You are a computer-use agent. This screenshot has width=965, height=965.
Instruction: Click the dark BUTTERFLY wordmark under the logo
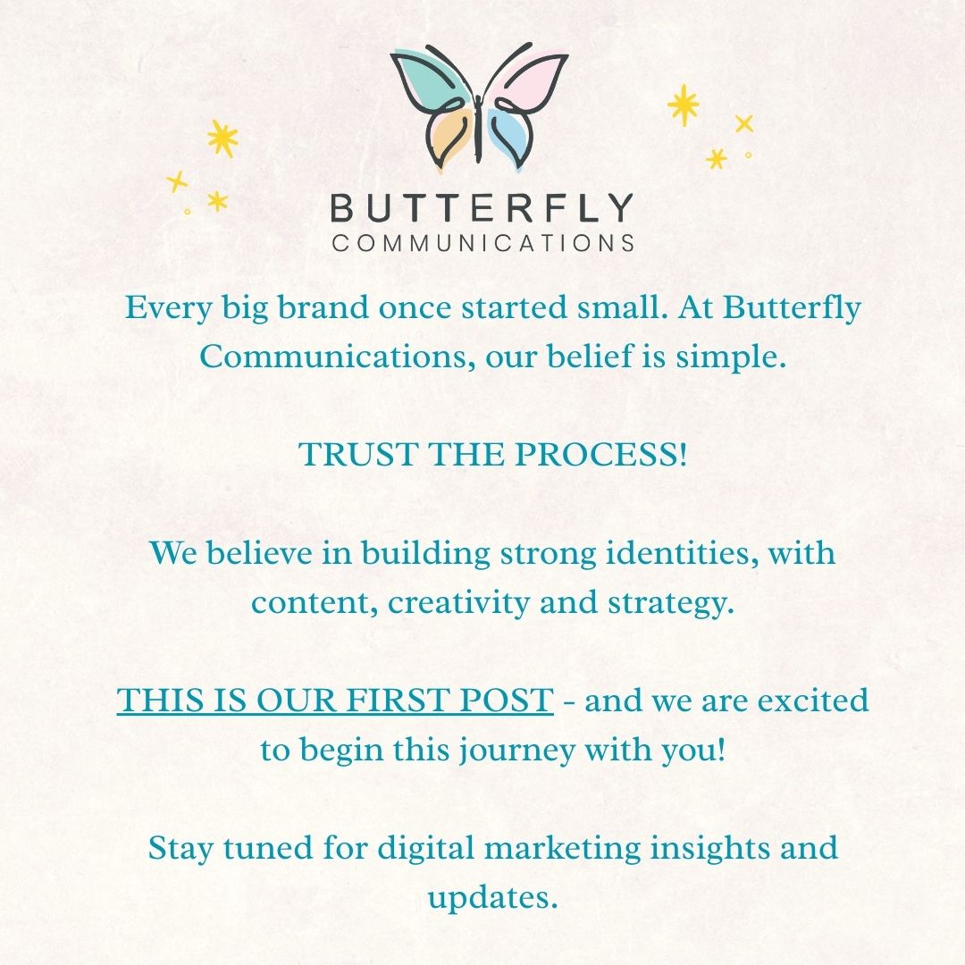482,207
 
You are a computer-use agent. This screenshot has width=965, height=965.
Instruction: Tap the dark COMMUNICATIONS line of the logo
483,243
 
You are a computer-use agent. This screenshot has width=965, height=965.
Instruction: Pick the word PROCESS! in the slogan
600,455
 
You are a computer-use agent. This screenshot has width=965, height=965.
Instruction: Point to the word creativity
458,603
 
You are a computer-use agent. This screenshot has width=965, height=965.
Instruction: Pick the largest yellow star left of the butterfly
222,138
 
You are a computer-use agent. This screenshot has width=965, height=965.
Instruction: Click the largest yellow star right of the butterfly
684,105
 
